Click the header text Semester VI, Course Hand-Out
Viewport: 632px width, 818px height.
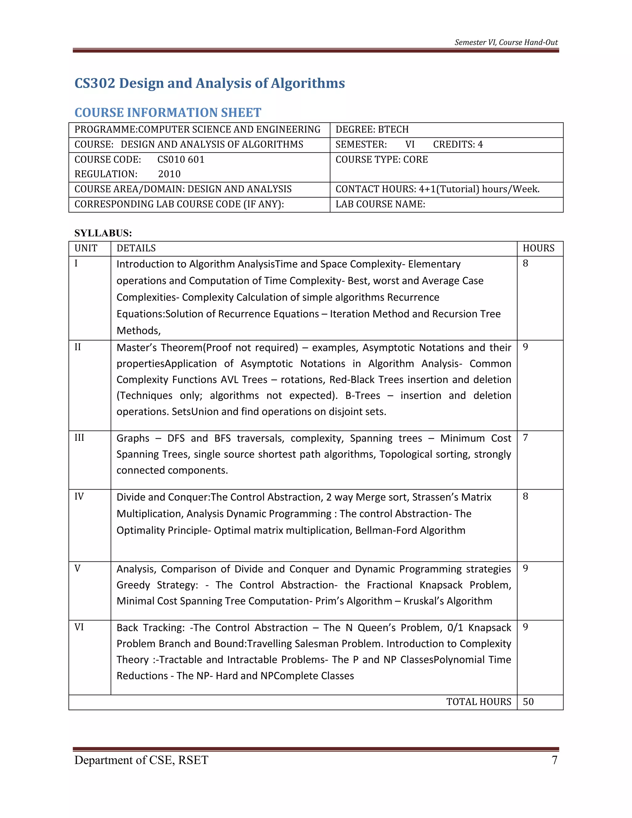pos(506,42)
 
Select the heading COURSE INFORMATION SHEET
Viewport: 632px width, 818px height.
pos(168,112)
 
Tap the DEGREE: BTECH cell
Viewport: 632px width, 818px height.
pos(372,130)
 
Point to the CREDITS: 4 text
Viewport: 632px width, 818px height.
pos(458,144)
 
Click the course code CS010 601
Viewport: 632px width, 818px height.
pos(181,160)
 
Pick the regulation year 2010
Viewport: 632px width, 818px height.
pos(169,174)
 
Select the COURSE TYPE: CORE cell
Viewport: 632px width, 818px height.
pos(381,160)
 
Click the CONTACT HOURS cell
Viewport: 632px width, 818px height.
pos(437,189)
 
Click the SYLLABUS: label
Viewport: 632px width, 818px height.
pos(103,233)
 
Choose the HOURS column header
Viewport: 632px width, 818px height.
pos(538,248)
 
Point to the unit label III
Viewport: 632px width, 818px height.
pos(79,438)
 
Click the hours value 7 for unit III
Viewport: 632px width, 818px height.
pos(525,438)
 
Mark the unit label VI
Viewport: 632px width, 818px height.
pos(79,627)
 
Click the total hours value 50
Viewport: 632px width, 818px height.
pos(528,702)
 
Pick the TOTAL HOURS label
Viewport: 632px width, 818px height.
pos(479,702)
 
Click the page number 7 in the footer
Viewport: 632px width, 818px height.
pos(555,760)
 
